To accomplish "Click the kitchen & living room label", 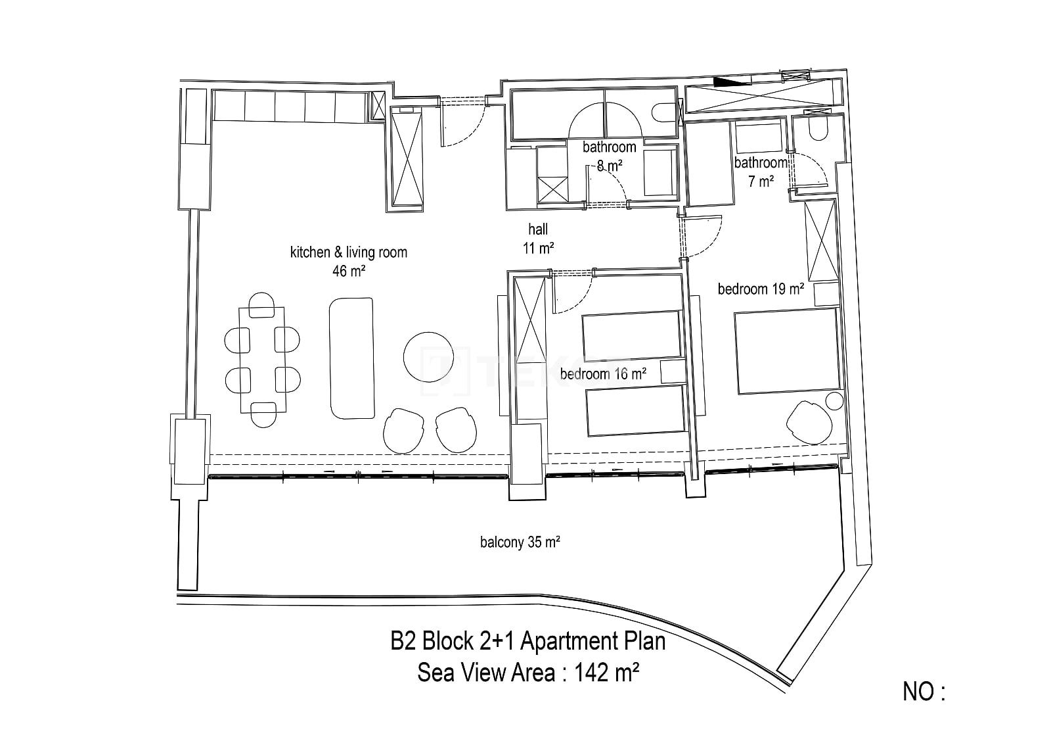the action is (x=349, y=252).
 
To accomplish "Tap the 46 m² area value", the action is (x=349, y=271).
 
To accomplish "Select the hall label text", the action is (x=538, y=229).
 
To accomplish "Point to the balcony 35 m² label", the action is (x=520, y=542).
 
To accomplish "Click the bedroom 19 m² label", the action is (x=761, y=289).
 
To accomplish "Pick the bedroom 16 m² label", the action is (x=604, y=374).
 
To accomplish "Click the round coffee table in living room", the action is (x=428, y=357).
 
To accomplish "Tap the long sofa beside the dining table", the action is (x=352, y=358).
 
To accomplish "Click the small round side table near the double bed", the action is (x=834, y=402).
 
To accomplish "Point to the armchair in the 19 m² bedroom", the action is (x=809, y=422).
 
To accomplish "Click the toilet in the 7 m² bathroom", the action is (x=818, y=126).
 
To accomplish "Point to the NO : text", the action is (x=924, y=692).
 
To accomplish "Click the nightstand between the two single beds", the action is (x=673, y=371).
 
